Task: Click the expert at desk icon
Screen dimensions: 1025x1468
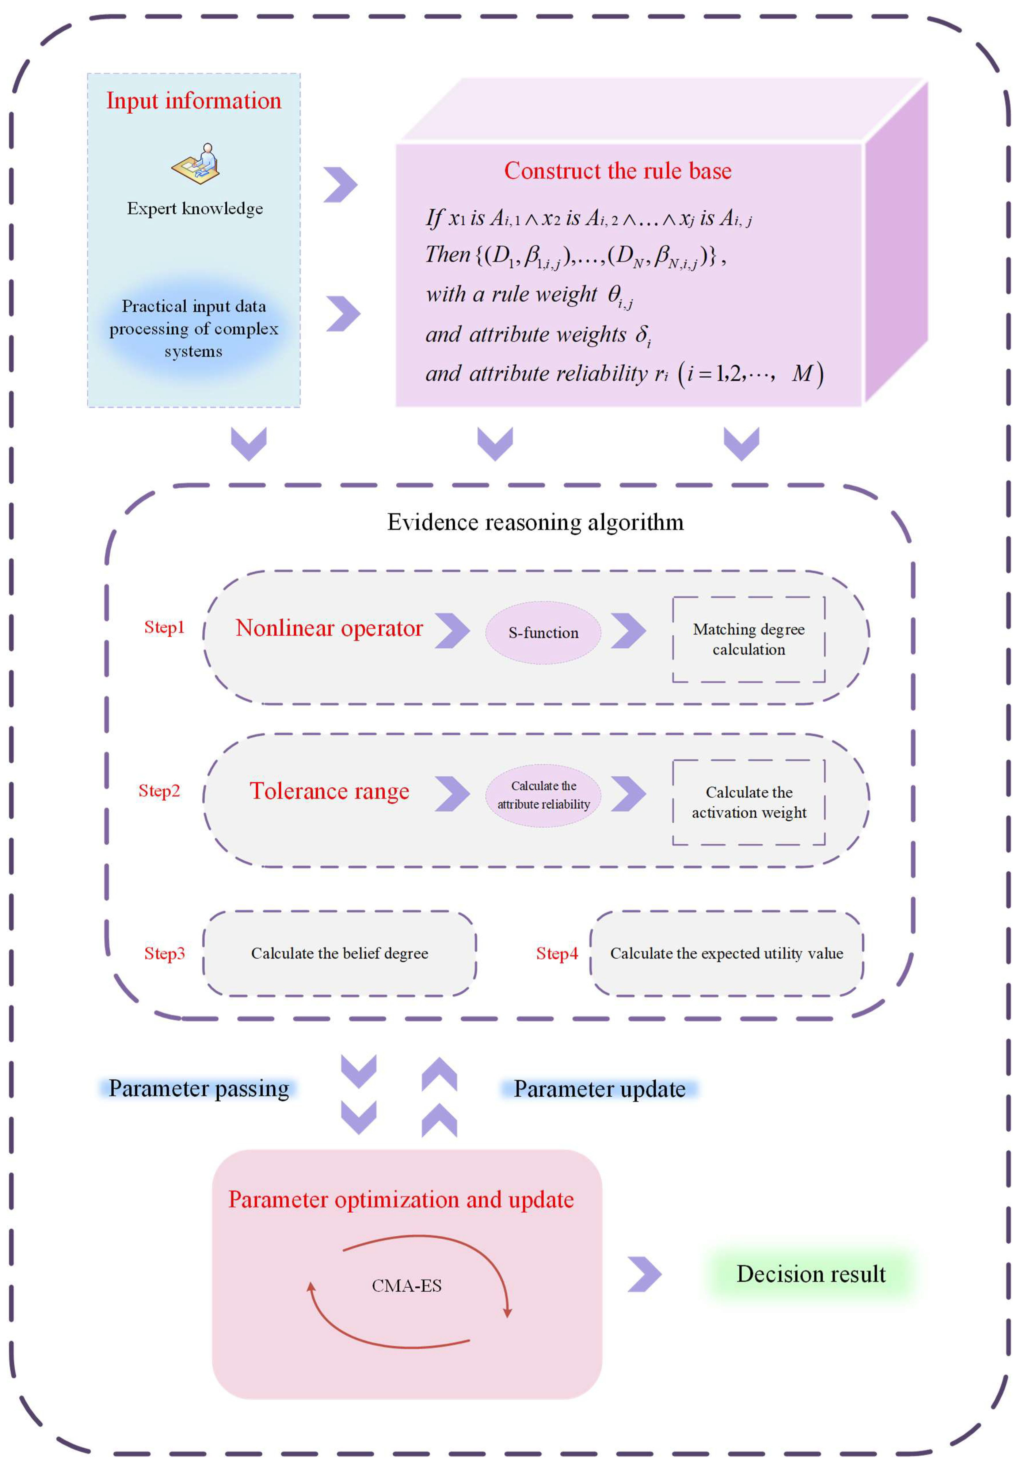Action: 196,164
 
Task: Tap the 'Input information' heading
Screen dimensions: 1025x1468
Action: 194,100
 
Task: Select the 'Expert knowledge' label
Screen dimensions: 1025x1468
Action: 195,208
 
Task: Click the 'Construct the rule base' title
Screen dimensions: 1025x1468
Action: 618,171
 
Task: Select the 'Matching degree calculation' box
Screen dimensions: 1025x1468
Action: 749,639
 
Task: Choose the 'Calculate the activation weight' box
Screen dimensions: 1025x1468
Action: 749,802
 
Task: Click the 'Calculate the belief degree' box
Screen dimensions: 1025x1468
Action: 340,953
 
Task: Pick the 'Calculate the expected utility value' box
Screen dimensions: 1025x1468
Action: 726,953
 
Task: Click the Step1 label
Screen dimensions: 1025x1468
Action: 164,627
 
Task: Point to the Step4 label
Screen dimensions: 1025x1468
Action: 557,953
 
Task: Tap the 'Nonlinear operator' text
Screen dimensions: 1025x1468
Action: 329,628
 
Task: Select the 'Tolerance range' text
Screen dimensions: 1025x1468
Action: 329,791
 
